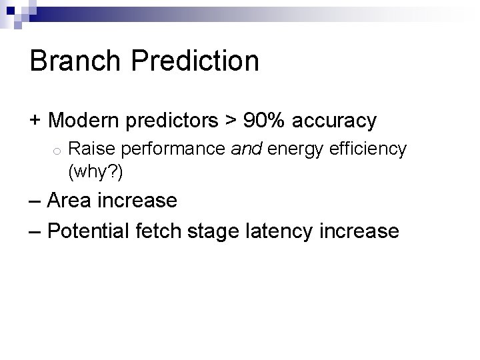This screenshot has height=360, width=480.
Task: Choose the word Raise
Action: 87,149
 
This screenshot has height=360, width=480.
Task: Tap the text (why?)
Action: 95,171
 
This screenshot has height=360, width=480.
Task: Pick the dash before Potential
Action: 36,231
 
